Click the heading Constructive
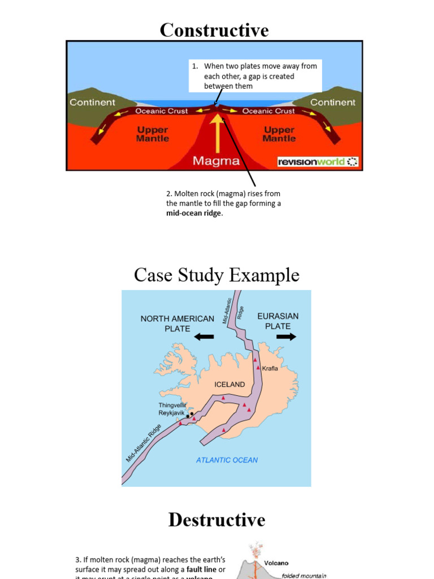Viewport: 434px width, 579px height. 214,31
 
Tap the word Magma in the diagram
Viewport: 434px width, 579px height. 216,161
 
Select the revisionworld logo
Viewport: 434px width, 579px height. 318,162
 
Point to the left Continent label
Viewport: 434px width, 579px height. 92,102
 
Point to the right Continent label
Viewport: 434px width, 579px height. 333,102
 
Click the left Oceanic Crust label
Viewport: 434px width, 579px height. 162,111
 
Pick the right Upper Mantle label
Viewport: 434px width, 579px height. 279,134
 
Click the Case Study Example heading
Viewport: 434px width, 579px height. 216,275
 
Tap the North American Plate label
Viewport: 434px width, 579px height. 177,323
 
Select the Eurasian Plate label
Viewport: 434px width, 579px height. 278,321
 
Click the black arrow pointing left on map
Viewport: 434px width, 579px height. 203,337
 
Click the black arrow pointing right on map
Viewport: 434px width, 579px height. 287,336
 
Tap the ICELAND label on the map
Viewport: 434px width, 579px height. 229,384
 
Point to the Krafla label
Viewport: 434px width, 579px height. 270,368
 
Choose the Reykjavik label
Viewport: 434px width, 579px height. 171,413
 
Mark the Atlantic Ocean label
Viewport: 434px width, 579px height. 227,460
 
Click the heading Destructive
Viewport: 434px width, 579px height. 216,520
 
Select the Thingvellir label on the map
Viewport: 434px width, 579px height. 172,405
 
